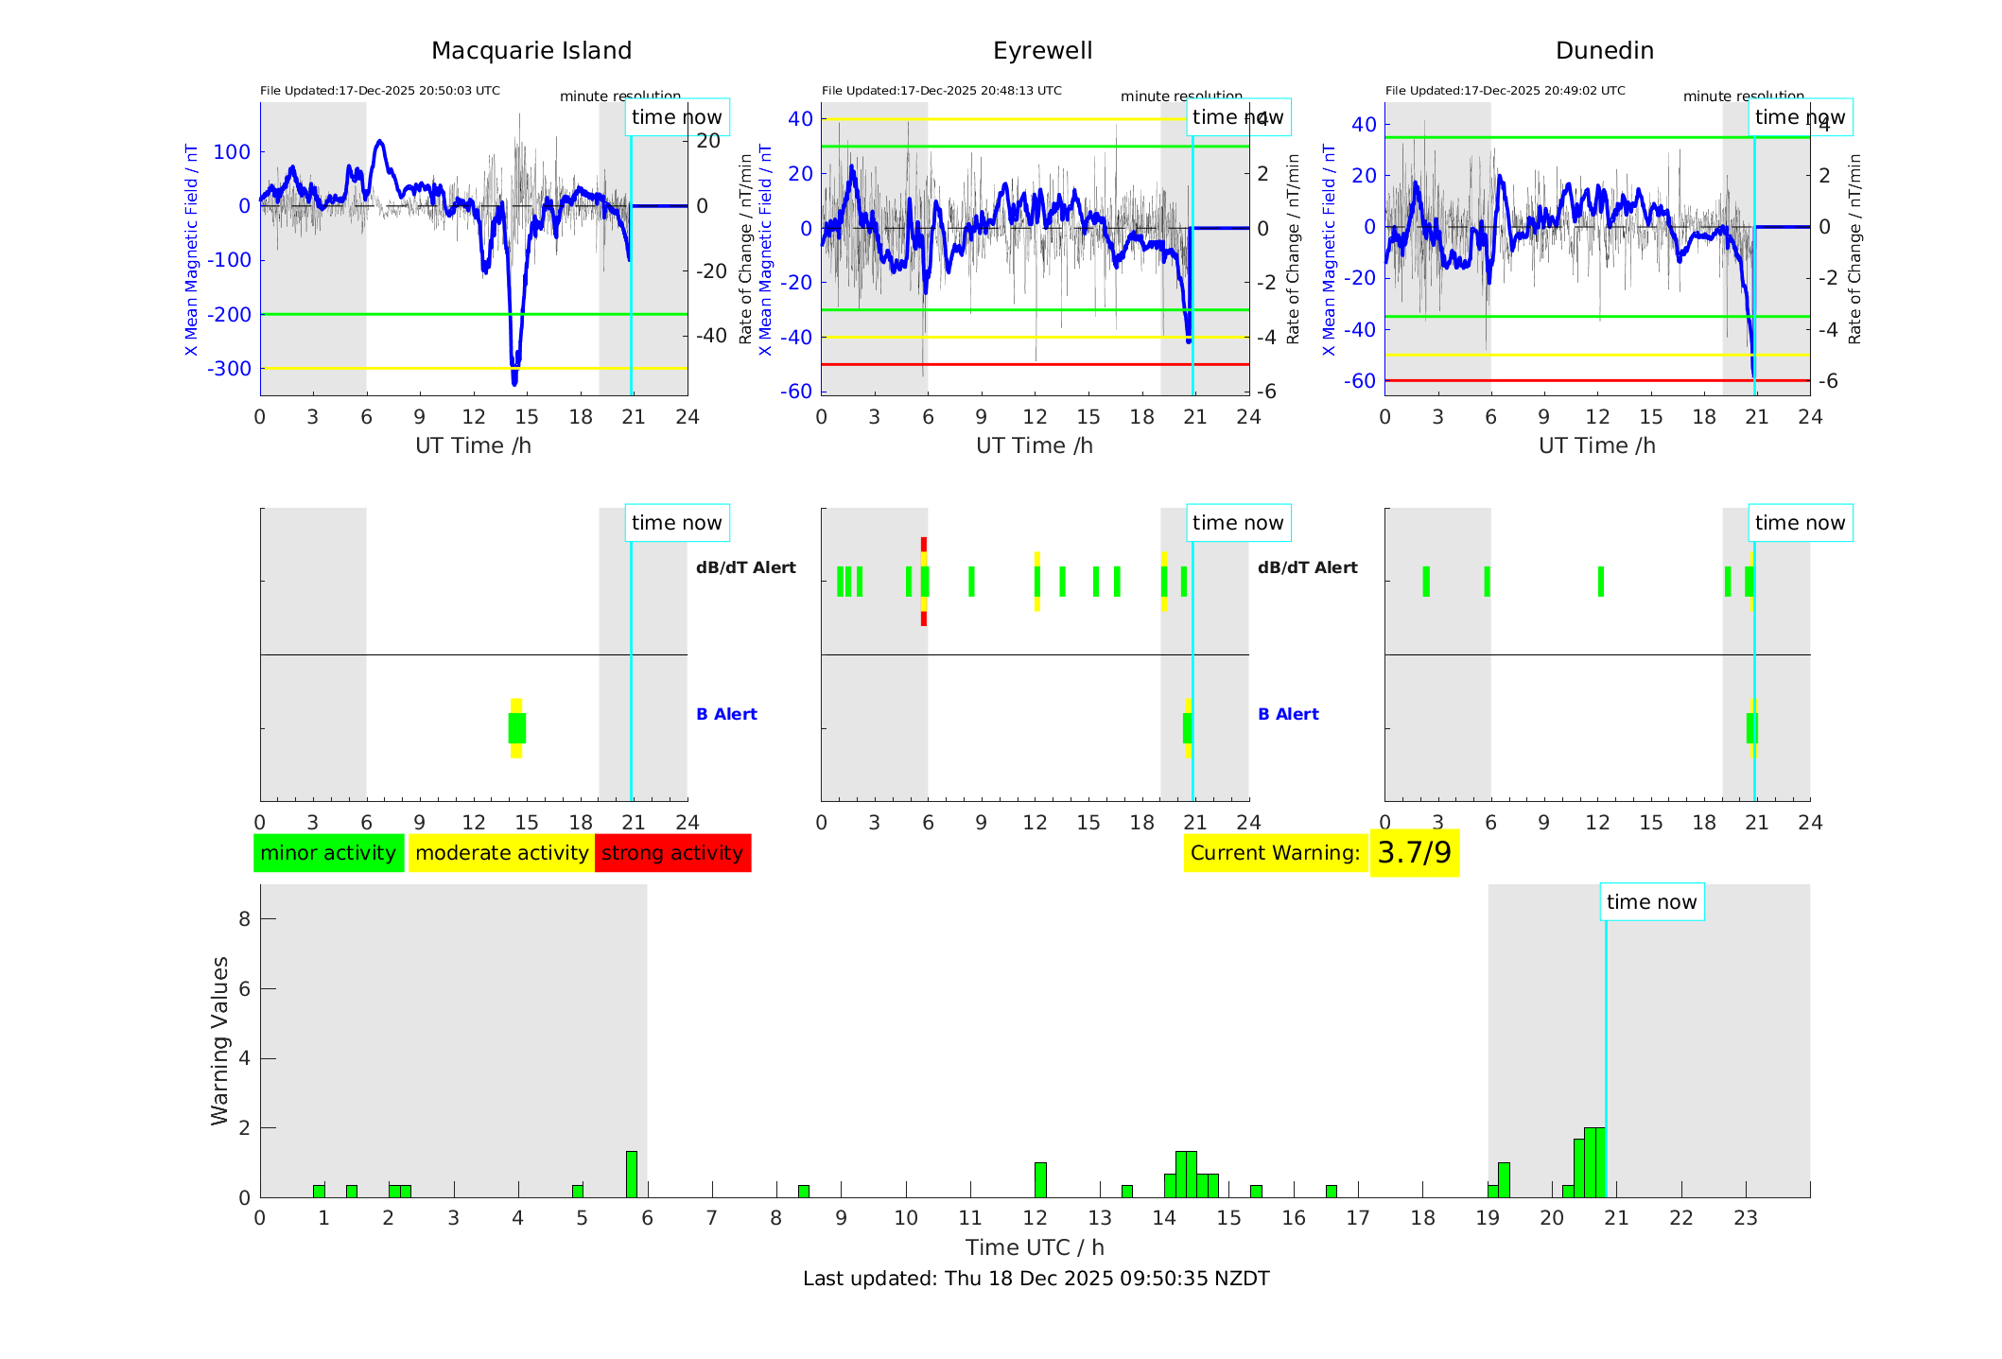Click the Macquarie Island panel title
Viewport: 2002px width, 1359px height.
pos(531,51)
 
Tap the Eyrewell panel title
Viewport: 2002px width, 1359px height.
pos(1042,51)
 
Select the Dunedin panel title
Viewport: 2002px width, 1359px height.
pos(1604,51)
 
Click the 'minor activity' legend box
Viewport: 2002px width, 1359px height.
pos(328,853)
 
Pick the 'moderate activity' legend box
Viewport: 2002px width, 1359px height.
pos(501,853)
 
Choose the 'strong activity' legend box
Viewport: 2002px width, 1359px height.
pos(672,853)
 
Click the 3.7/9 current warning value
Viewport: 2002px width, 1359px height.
pos(1414,853)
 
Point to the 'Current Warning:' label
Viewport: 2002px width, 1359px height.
pos(1275,853)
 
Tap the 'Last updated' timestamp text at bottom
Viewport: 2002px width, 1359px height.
pos(1036,1279)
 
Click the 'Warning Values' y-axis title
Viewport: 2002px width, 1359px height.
pos(220,1040)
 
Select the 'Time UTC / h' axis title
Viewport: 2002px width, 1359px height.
pos(1035,1247)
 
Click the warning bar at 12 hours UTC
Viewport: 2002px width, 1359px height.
pos(1040,1180)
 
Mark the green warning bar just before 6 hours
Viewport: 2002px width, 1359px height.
pos(632,1175)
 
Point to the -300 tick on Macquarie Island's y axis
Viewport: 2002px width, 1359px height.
pos(230,369)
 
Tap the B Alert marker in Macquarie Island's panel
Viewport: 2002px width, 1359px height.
pos(516,728)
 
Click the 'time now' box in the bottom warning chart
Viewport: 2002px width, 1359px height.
pos(1651,902)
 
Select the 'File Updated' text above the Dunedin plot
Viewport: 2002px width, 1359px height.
pos(1505,91)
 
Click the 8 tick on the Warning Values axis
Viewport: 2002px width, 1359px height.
pos(245,919)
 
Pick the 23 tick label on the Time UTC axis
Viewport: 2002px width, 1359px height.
pos(1746,1218)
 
